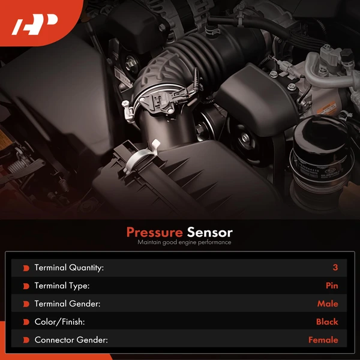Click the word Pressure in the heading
154,232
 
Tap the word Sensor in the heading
209,232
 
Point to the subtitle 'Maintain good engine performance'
184,242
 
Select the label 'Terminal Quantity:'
69,268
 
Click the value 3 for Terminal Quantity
335,268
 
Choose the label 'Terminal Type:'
62,286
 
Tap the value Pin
331,286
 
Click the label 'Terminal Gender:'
67,304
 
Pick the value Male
328,304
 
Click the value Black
327,322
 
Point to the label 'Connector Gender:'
71,340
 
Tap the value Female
323,340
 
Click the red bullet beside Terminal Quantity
26,268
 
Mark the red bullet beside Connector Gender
26,340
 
